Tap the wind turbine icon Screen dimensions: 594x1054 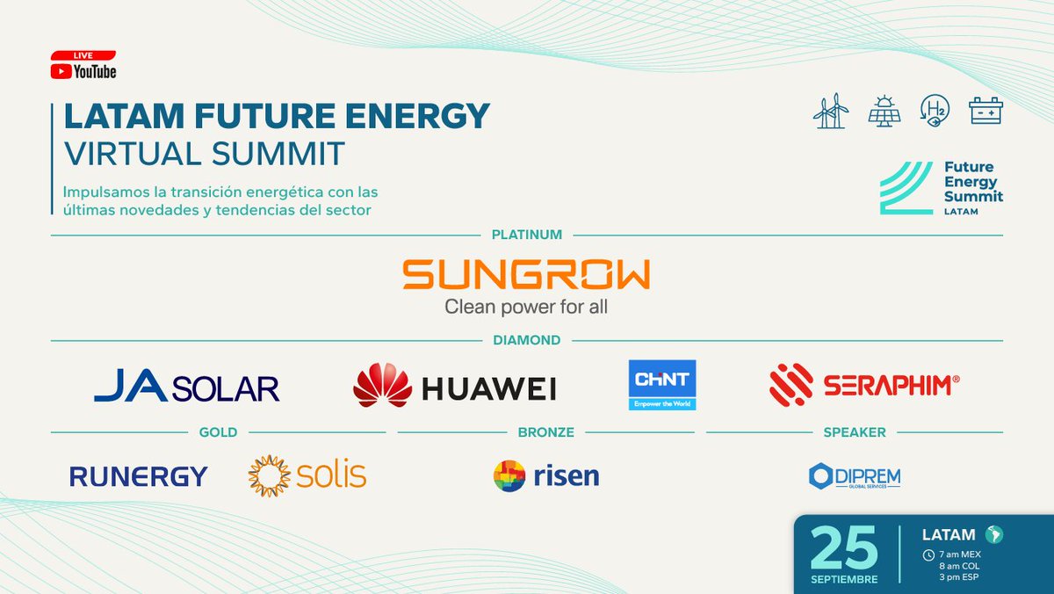coord(831,112)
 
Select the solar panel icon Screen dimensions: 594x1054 coord(884,112)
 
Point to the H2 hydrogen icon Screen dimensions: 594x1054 coord(934,112)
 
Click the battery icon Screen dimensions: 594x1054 coord(985,111)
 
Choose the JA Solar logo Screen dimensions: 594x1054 coord(186,388)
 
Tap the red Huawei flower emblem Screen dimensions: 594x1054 coord(382,386)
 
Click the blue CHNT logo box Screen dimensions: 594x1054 coord(662,385)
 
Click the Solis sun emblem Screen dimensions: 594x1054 coord(269,475)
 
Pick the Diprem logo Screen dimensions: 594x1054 coord(854,476)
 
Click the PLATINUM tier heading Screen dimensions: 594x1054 coord(527,235)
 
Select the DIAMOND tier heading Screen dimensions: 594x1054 coord(527,340)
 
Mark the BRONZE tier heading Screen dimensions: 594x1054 coord(545,432)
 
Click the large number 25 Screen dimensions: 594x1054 coord(844,547)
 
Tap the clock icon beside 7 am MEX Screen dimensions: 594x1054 coord(928,554)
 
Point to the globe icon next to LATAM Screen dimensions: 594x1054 coord(993,534)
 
